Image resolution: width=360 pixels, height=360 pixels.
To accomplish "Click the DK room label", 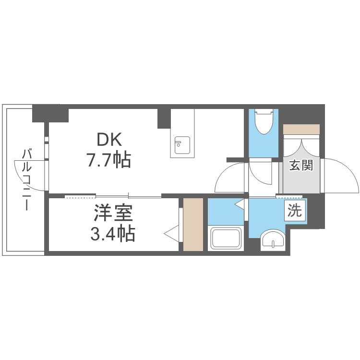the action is pyautogui.click(x=109, y=140).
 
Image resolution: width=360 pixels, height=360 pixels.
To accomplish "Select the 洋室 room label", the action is pyautogui.click(x=113, y=213).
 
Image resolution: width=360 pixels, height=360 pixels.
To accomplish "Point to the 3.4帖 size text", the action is pyautogui.click(x=112, y=233).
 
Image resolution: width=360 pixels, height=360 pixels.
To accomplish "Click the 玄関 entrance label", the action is pyautogui.click(x=301, y=165).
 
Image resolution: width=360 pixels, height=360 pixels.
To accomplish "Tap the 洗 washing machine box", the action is pyautogui.click(x=295, y=210).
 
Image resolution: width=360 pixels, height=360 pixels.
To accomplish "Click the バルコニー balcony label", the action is pyautogui.click(x=26, y=180).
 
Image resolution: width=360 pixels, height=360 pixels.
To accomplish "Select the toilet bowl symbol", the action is pyautogui.click(x=264, y=122).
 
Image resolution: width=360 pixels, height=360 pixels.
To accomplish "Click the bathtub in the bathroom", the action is pyautogui.click(x=226, y=238).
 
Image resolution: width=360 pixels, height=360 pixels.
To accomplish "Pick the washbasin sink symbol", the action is pyautogui.click(x=273, y=240).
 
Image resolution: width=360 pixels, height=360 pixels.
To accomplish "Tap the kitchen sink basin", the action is pyautogui.click(x=182, y=145).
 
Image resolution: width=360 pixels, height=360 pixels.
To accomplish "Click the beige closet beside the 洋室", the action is pyautogui.click(x=193, y=225).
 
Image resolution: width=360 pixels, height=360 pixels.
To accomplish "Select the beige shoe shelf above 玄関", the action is pyautogui.click(x=301, y=130).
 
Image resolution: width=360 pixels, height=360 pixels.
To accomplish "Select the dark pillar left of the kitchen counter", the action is pyautogui.click(x=164, y=119).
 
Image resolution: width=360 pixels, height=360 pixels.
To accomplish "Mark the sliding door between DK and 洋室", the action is pyautogui.click(x=113, y=196).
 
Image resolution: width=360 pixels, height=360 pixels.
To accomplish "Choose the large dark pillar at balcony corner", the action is pyautogui.click(x=50, y=113).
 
